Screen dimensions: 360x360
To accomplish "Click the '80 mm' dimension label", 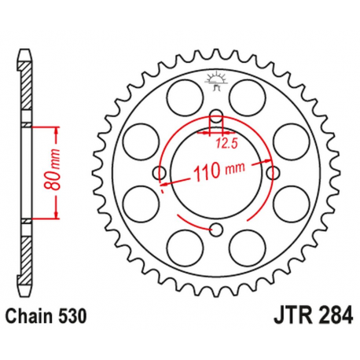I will (x=48, y=171).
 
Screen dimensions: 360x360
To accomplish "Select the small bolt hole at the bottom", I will (x=217, y=229).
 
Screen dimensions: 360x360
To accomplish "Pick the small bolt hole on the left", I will (x=160, y=172).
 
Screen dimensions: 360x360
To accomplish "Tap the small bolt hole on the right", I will (x=274, y=172).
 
